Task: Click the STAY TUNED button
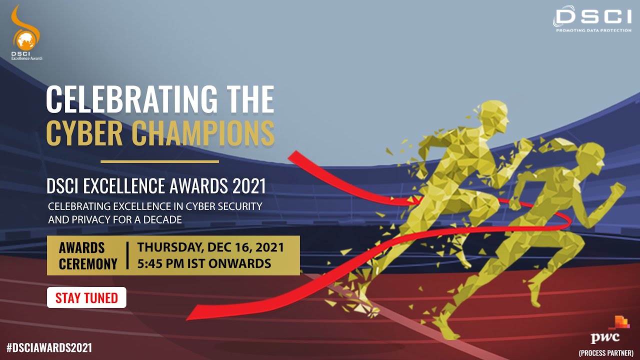tap(86, 298)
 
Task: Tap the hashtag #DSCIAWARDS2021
tap(49, 347)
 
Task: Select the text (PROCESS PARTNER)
tap(605, 353)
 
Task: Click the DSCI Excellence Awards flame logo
tap(25, 32)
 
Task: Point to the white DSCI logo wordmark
tap(592, 16)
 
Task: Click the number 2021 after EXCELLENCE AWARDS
tap(249, 186)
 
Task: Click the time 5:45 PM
tap(160, 263)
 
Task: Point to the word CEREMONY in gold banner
tap(88, 264)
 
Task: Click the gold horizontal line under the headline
tap(159, 161)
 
